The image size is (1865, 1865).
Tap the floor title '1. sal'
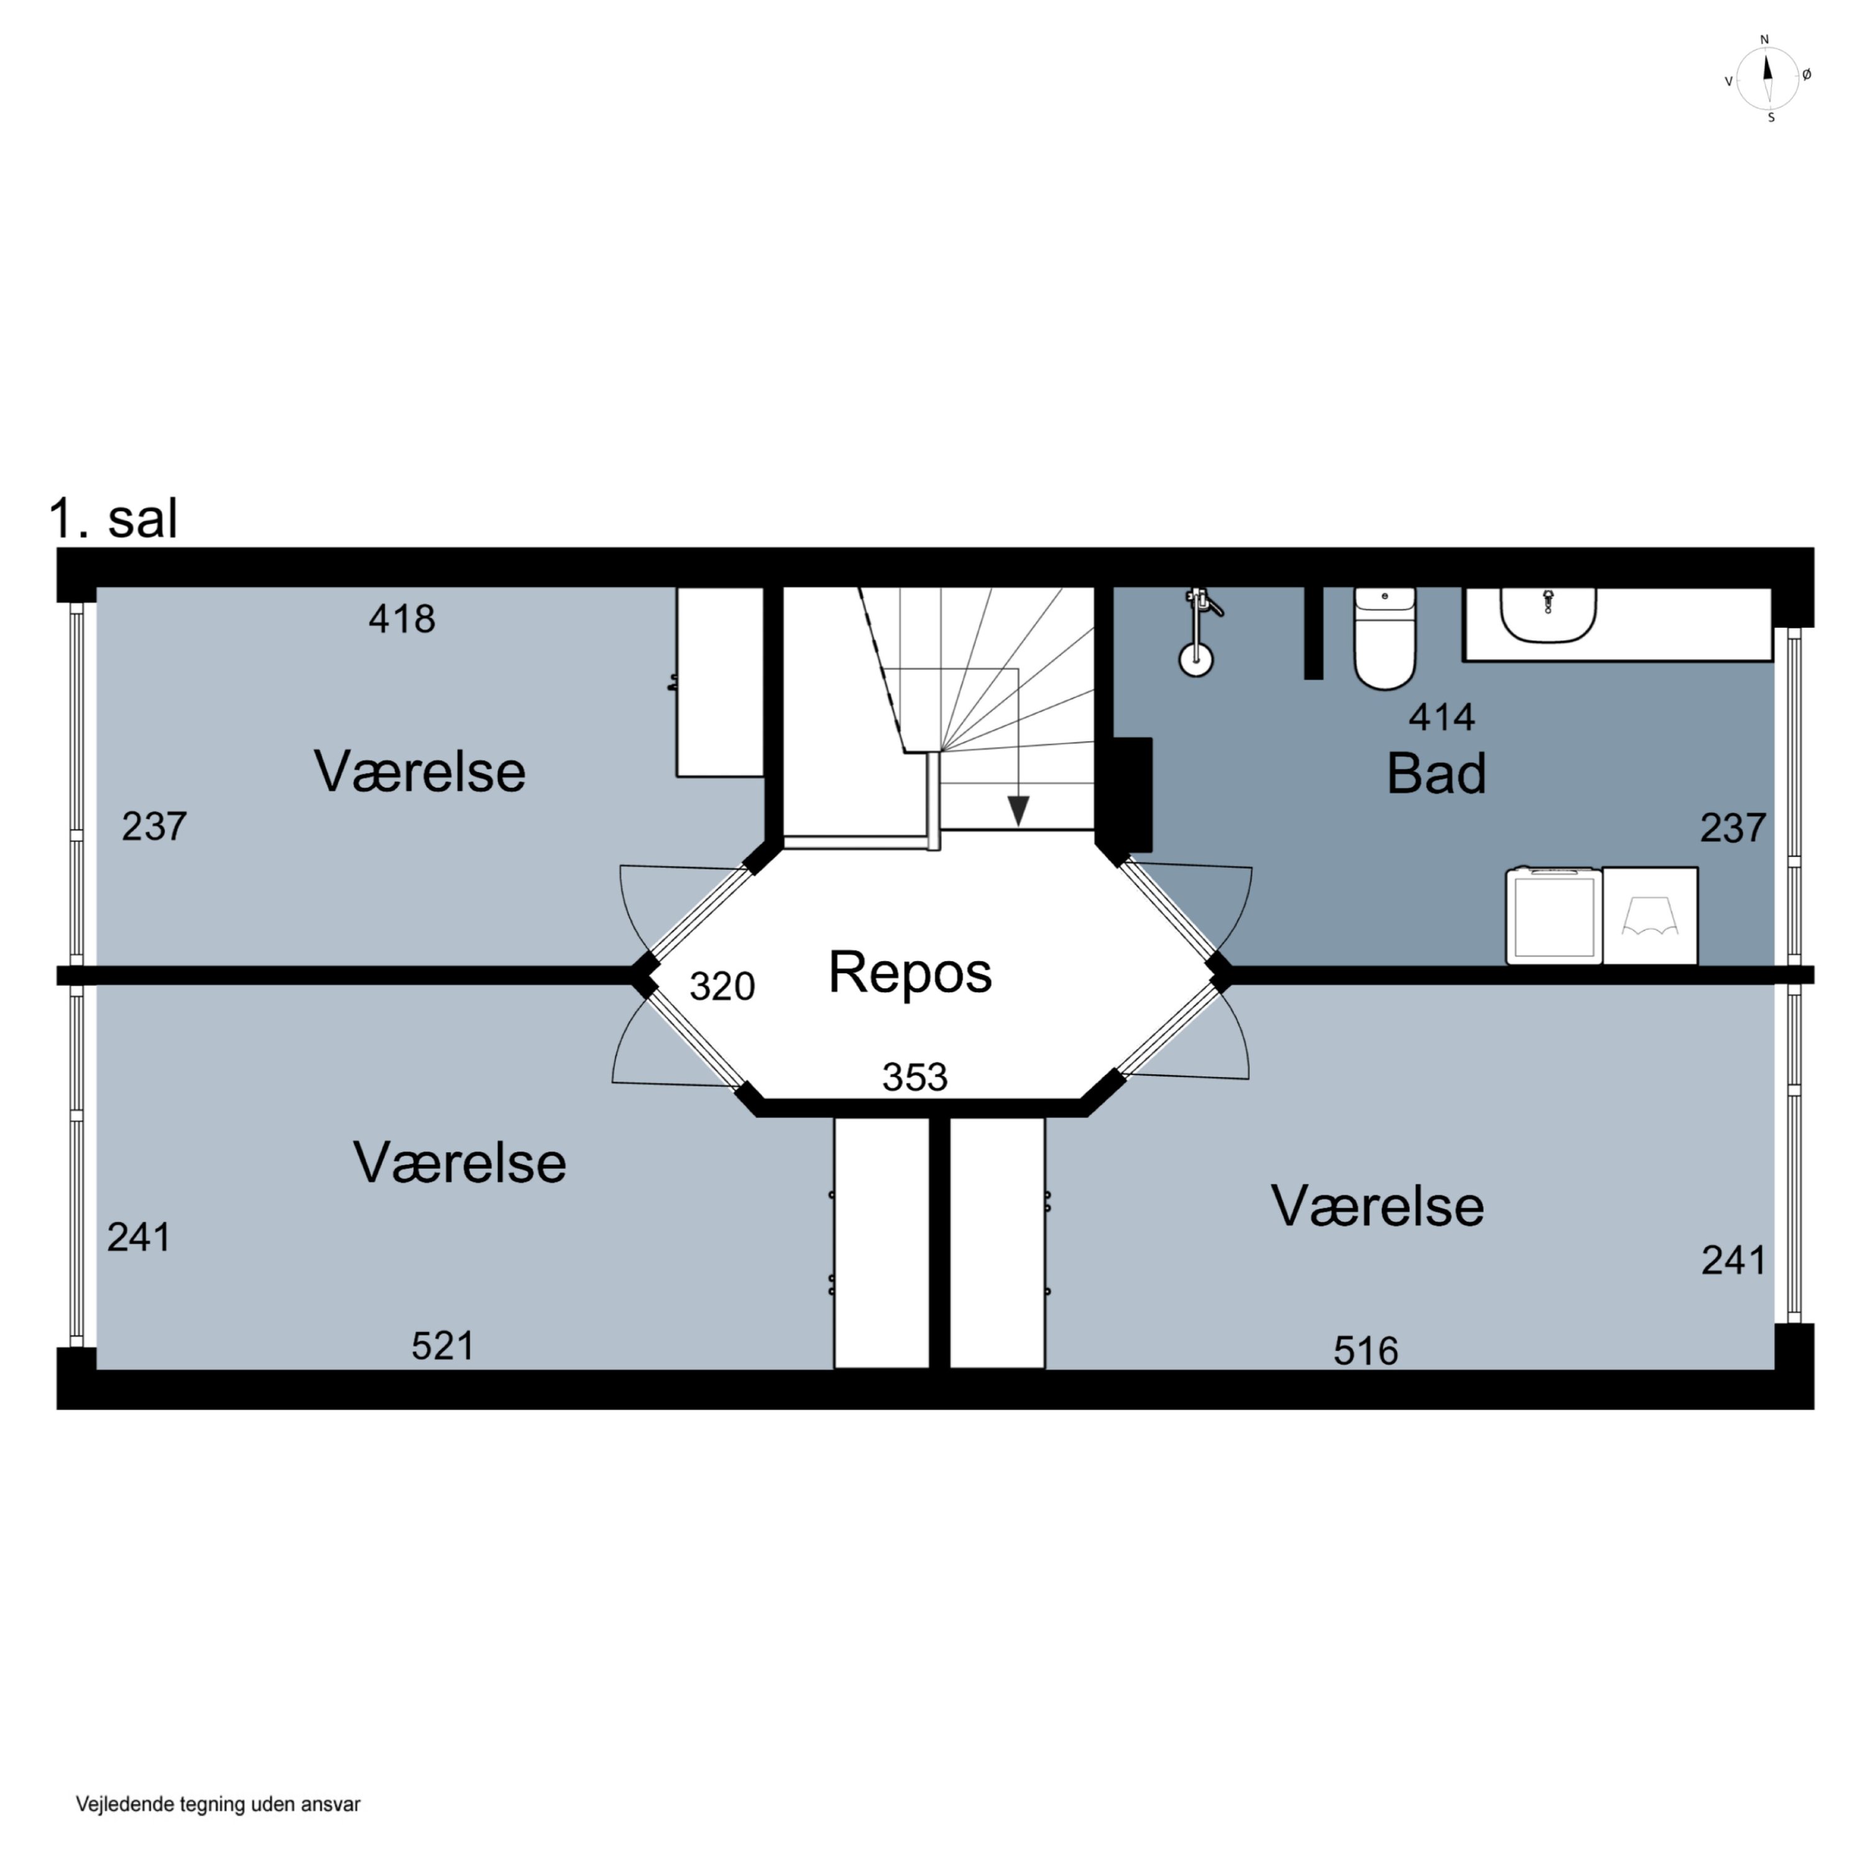pyautogui.click(x=114, y=518)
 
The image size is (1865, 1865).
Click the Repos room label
pyautogui.click(x=909, y=973)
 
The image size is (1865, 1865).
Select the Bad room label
pyautogui.click(x=1435, y=773)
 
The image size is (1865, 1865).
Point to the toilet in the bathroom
pyautogui.click(x=1384, y=638)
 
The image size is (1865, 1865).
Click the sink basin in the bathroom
pyautogui.click(x=1547, y=615)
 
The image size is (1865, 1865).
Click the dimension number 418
pyautogui.click(x=402, y=618)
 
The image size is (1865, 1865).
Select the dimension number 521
pyautogui.click(x=443, y=1346)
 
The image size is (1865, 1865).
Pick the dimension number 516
pyautogui.click(x=1365, y=1350)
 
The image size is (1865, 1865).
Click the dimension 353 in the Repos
pyautogui.click(x=915, y=1076)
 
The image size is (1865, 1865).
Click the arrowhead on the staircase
pyautogui.click(x=1018, y=811)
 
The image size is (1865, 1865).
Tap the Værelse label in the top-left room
pyautogui.click(x=420, y=771)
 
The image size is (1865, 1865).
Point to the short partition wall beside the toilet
pyautogui.click(x=1313, y=632)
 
